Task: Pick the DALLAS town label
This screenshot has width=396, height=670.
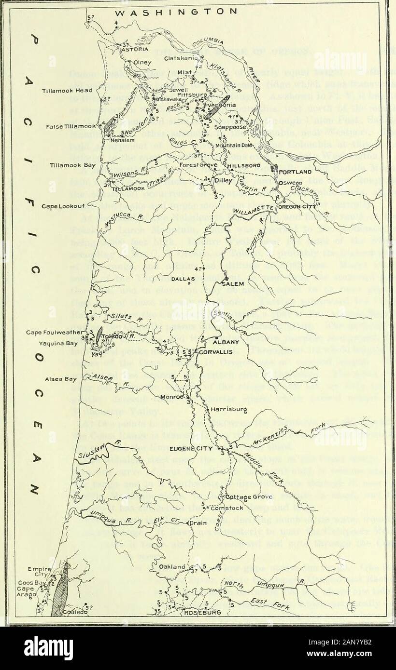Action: click(x=186, y=279)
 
